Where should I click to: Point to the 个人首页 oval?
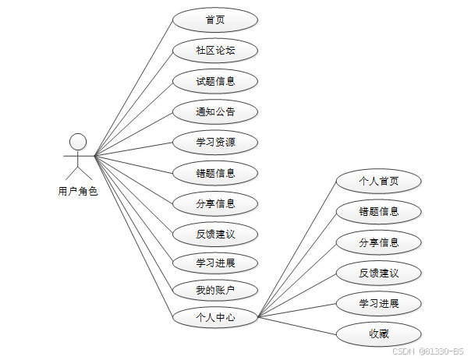[x=379, y=181]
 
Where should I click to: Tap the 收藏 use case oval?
[x=379, y=334]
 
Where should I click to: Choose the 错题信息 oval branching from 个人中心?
[x=379, y=211]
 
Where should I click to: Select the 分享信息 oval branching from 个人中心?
[x=379, y=242]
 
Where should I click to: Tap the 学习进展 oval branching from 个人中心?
[x=379, y=303]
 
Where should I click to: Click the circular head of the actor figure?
[x=77, y=141]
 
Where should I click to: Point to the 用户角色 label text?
[x=78, y=191]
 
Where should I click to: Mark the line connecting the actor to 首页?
[x=133, y=88]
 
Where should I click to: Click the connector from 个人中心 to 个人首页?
[x=297, y=249]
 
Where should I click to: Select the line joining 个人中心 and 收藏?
[x=297, y=326]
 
